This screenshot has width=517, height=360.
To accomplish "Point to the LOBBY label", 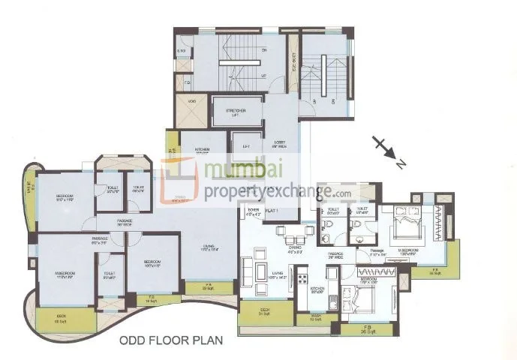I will [x=280, y=142].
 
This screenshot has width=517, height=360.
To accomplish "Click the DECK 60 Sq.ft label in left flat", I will [x=62, y=319].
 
